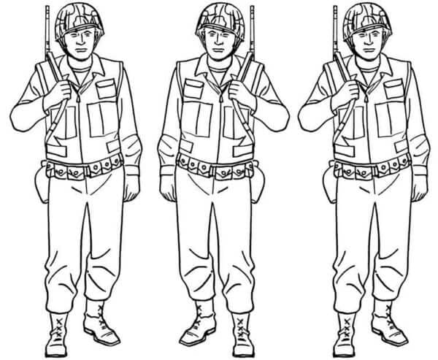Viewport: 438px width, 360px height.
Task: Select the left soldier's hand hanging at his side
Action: coord(131,185)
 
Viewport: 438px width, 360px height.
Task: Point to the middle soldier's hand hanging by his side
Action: coord(168,185)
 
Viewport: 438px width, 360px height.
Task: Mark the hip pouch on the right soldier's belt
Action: coord(331,185)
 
